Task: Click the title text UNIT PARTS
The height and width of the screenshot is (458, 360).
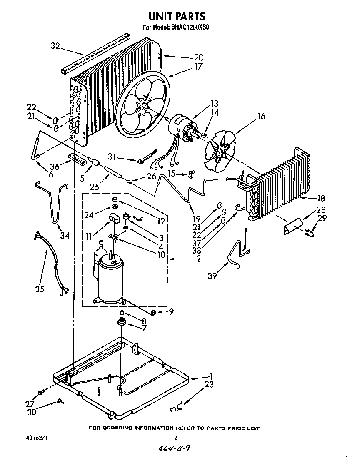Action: click(x=177, y=16)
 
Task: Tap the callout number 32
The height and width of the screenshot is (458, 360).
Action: click(x=55, y=46)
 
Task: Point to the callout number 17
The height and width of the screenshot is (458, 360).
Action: click(x=198, y=66)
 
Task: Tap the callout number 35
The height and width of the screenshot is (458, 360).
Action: click(x=40, y=289)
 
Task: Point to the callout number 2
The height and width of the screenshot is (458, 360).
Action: click(x=199, y=259)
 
